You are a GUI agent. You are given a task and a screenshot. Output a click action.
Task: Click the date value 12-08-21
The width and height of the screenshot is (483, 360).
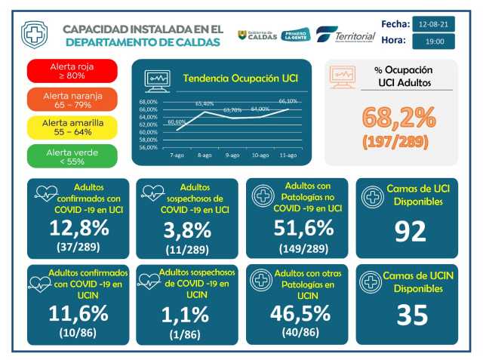point(433,24)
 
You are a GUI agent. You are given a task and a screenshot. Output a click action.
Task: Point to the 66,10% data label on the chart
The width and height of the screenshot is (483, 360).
point(288,101)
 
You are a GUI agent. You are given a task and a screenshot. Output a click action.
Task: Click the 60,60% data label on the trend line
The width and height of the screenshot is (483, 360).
point(177,122)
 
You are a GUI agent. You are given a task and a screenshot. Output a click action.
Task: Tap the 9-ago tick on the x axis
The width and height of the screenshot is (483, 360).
point(232,155)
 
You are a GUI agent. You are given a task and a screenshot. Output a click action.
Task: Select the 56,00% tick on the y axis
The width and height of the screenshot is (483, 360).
point(147,147)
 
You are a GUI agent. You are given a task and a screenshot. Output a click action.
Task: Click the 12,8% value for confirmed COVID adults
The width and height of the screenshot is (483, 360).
point(79,227)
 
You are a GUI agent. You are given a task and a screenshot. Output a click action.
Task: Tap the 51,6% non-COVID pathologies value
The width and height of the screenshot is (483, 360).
point(297,227)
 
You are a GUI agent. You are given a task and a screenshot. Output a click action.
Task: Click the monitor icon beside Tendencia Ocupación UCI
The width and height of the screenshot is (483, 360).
point(157,78)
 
